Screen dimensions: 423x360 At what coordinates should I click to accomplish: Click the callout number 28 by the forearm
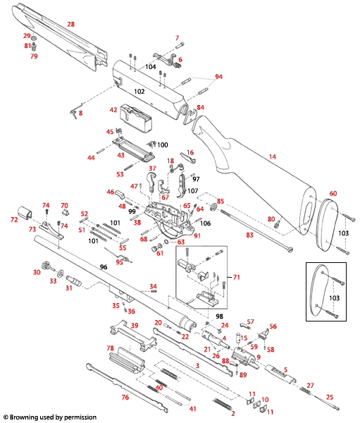click(x=70, y=24)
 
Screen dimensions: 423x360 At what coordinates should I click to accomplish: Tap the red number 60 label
click(x=334, y=193)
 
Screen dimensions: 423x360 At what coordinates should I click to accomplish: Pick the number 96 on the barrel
click(x=103, y=267)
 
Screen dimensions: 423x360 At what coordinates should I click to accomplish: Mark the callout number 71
click(x=237, y=278)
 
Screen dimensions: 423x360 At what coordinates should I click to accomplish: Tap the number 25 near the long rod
click(x=330, y=397)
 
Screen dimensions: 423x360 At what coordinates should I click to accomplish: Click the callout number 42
click(x=113, y=110)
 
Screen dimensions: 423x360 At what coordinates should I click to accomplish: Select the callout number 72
click(x=13, y=221)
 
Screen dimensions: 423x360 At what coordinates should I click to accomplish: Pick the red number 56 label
click(x=273, y=326)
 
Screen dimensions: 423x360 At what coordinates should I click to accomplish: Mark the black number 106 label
click(x=205, y=223)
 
